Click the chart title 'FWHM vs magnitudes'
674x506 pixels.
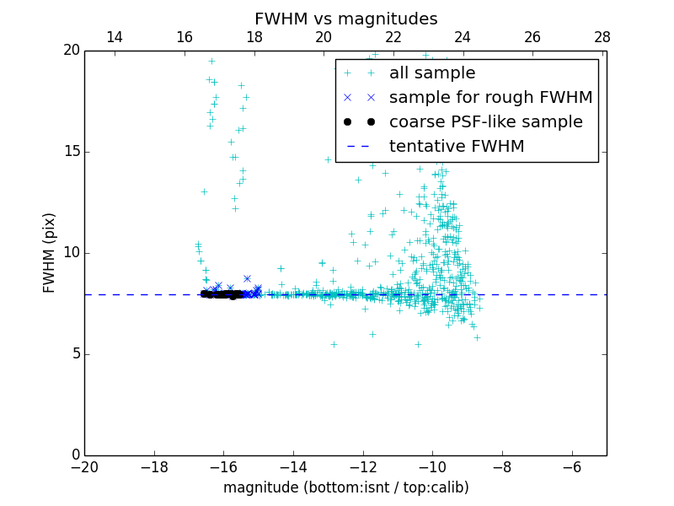(345, 19)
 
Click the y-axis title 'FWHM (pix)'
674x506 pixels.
(50, 253)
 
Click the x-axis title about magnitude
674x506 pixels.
(345, 487)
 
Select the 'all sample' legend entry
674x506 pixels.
(432, 73)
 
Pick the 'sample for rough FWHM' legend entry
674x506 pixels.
(490, 98)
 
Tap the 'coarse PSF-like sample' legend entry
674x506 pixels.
(485, 122)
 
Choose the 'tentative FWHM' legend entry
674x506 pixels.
(457, 147)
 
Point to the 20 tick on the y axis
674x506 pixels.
(70, 51)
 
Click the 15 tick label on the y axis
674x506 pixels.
(70, 152)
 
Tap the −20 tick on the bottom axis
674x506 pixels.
(84, 467)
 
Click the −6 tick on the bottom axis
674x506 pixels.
(571, 467)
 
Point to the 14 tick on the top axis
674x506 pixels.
(115, 37)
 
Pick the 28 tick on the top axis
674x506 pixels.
(602, 37)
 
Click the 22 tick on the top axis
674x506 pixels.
(393, 37)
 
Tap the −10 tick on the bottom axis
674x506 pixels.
(432, 467)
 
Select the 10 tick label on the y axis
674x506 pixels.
(70, 253)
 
